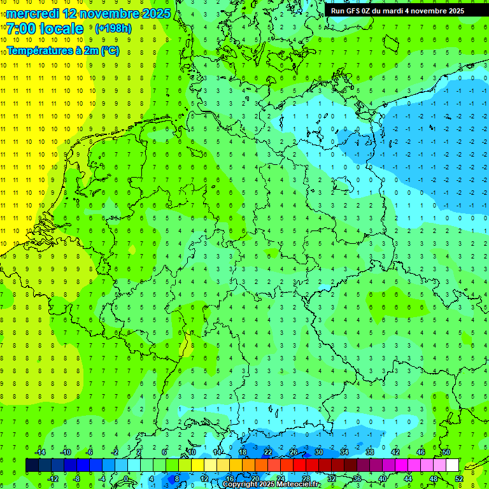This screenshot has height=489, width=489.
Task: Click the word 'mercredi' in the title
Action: pos(32,13)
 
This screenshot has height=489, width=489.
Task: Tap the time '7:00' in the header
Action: pos(22,29)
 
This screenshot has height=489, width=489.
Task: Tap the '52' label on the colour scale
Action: pos(459,479)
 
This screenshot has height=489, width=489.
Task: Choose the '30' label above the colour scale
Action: pos(319,452)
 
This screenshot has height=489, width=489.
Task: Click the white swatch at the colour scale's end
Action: pos(452,465)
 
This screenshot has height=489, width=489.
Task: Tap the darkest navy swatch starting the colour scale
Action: pos(32,465)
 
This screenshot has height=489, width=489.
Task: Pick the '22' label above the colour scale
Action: pos(268,452)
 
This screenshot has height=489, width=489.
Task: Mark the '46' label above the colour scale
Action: pos(421,452)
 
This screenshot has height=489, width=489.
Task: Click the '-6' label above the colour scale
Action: pos(90,452)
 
